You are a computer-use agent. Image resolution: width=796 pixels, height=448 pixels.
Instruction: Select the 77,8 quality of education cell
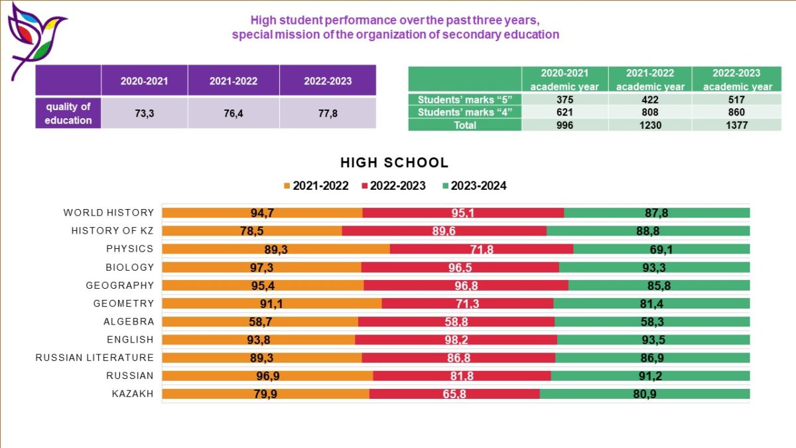(x=328, y=113)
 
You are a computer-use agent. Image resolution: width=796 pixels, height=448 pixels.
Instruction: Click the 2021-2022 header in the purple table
(x=233, y=81)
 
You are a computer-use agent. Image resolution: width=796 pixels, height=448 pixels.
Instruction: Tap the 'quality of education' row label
(x=68, y=113)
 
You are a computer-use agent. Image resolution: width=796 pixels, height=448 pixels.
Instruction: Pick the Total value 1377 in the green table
(x=737, y=125)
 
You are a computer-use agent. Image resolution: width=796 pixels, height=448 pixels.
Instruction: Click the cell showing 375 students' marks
(x=565, y=100)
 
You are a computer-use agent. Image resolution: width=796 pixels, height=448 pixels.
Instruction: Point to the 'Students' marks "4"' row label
(x=465, y=112)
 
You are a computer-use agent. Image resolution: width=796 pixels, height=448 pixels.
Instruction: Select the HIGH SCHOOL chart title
(x=394, y=163)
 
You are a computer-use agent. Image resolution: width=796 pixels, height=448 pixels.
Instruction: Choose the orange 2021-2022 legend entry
(x=316, y=186)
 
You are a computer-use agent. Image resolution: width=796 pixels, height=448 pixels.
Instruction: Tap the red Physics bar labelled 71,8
(x=481, y=249)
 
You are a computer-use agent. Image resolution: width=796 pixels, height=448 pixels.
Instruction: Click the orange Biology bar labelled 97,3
(x=261, y=267)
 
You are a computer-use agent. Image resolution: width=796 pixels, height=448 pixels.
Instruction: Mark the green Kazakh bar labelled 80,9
(x=644, y=394)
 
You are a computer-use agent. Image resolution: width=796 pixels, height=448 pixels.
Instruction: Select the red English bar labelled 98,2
(x=456, y=340)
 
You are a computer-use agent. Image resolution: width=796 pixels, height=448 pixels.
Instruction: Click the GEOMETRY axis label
(x=123, y=303)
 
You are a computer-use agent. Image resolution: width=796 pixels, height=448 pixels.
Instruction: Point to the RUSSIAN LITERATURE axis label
(x=94, y=358)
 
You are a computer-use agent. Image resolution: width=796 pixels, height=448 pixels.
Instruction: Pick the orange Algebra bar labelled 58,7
(x=260, y=321)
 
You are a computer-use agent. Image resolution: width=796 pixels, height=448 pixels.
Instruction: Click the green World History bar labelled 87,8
(x=656, y=212)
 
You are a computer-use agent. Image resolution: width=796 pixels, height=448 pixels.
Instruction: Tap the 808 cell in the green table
(x=649, y=112)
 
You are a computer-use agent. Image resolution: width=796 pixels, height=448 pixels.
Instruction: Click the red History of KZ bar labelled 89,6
(x=444, y=231)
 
